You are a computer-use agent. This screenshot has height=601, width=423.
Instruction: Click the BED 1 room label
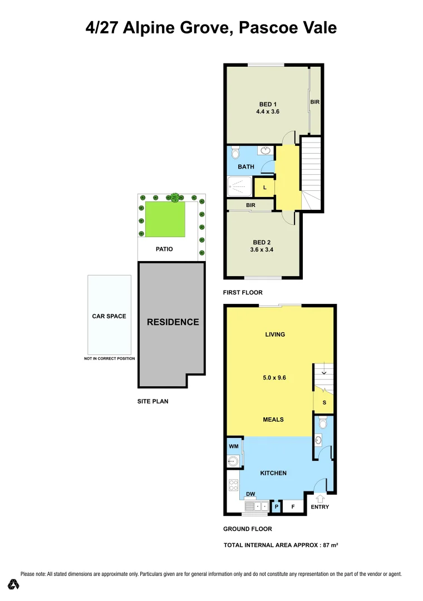click(268, 104)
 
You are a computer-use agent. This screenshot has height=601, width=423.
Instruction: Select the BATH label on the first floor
click(246, 166)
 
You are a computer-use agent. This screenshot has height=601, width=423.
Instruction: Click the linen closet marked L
click(265, 188)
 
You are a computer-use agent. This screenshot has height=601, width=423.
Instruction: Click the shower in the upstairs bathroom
click(240, 187)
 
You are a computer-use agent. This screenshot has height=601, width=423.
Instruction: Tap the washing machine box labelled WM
click(233, 446)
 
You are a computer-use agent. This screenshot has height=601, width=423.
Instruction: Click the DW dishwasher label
click(250, 494)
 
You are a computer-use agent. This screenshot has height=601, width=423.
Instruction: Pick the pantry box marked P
click(276, 507)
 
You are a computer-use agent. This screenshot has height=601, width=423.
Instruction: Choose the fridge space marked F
click(293, 507)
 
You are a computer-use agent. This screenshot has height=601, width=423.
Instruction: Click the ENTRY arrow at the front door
click(320, 499)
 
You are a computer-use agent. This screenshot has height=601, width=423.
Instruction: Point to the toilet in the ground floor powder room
click(322, 425)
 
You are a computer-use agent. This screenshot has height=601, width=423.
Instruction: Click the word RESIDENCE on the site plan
click(173, 322)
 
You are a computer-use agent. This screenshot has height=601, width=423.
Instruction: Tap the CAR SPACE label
click(109, 316)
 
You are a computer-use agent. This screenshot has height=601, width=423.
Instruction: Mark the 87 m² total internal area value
click(329, 545)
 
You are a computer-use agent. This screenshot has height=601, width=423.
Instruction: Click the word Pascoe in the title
click(265, 27)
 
